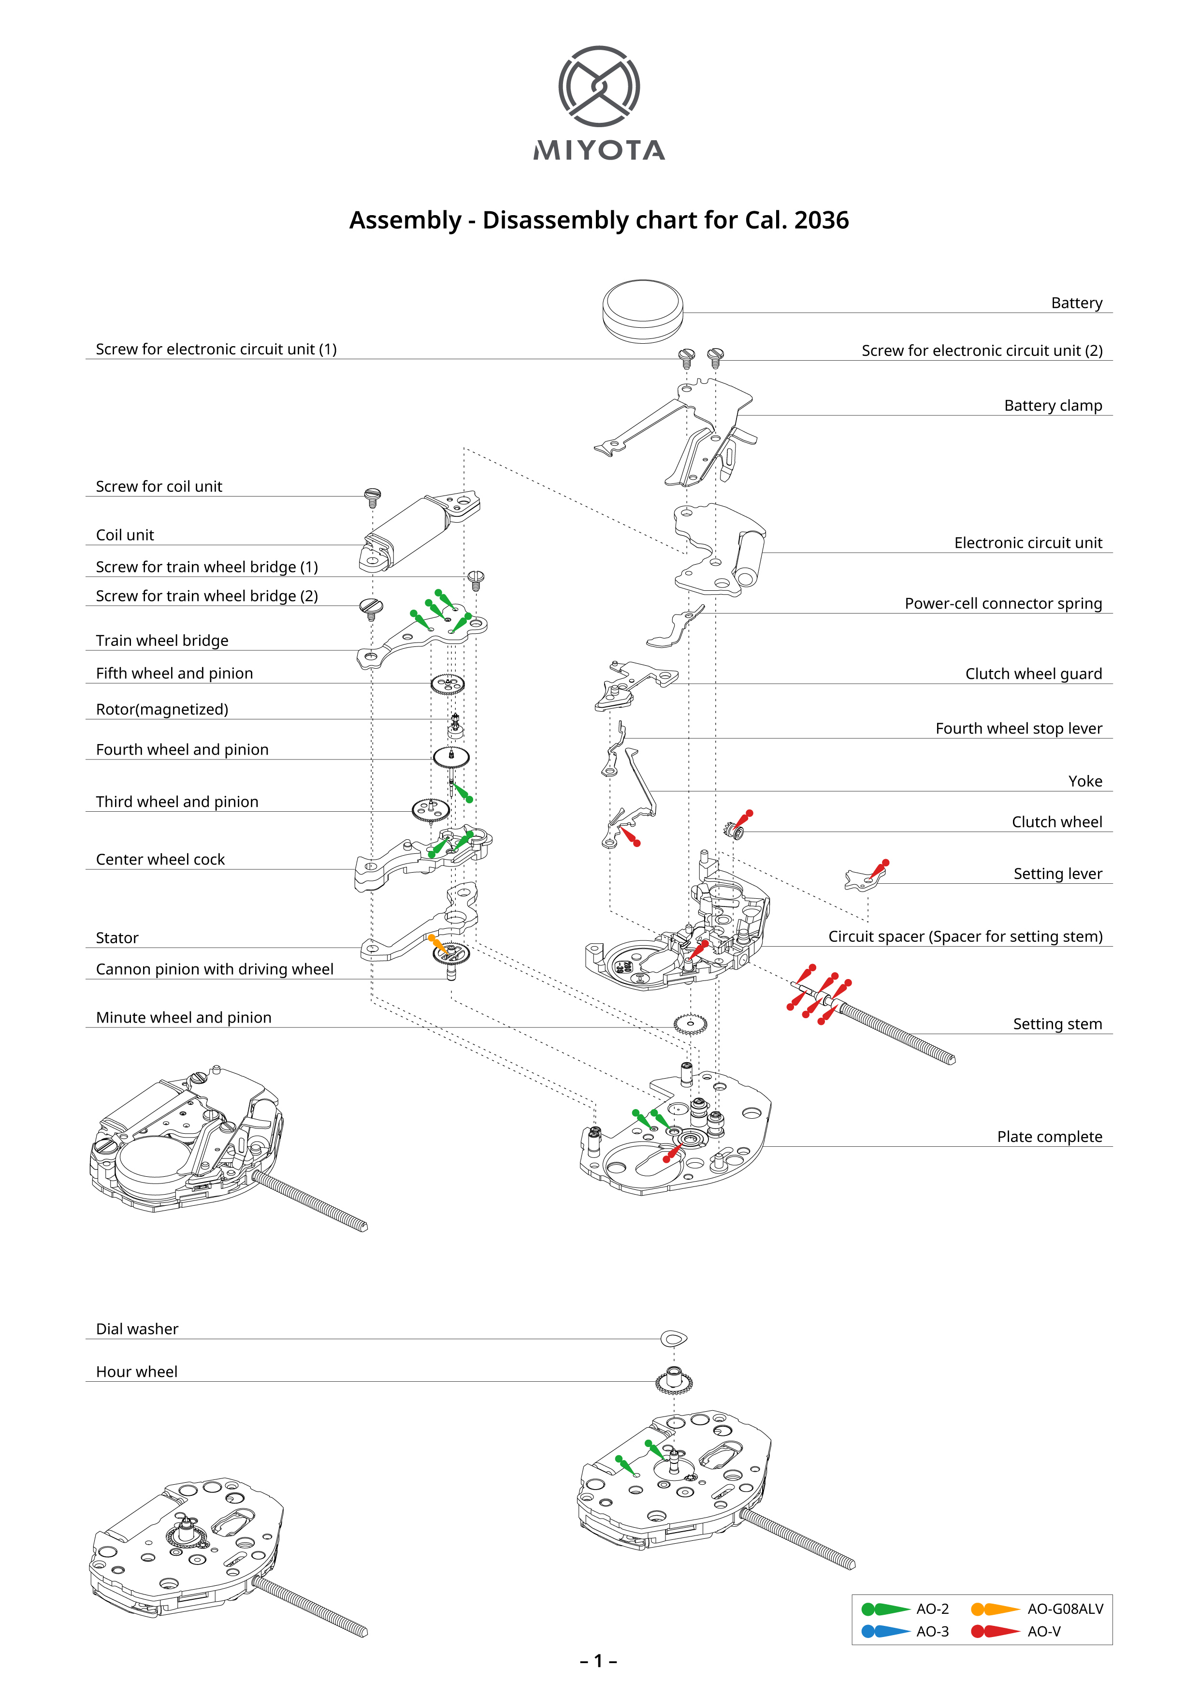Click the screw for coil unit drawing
[x=373, y=497]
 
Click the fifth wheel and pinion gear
[x=448, y=685]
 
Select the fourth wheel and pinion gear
[x=450, y=757]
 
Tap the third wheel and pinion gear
[x=431, y=810]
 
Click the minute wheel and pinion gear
[x=690, y=1024]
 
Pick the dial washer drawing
[x=673, y=1337]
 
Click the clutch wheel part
[x=736, y=833]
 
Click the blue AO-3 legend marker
[x=885, y=1631]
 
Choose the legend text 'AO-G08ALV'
[x=1065, y=1609]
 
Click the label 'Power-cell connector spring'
[x=1003, y=603]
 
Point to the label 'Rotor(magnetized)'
[x=162, y=709]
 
